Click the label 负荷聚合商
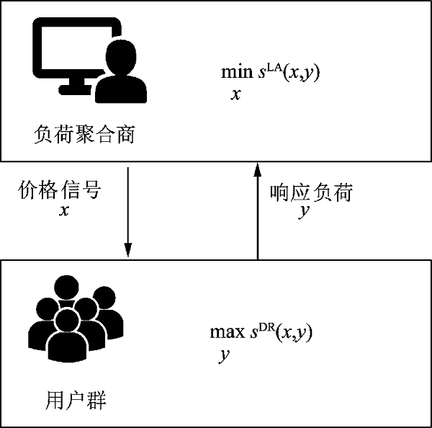click(84, 134)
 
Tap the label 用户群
click(76, 400)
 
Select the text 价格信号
click(59, 190)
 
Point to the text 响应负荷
click(311, 192)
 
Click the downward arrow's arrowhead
click(128, 250)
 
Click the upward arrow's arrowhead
click(258, 169)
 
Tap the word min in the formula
click(237, 72)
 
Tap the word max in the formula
click(228, 332)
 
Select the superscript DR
click(266, 328)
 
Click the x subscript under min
click(236, 94)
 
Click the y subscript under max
click(224, 356)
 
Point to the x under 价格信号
click(64, 211)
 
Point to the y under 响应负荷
click(304, 212)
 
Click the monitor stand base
click(75, 90)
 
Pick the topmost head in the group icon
click(66, 287)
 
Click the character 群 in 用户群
click(96, 400)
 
